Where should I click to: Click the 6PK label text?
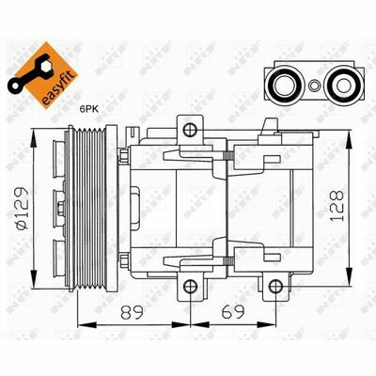(x=89, y=109)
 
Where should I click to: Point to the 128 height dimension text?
(x=337, y=206)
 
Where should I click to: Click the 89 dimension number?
(x=132, y=312)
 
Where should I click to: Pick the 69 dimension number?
(x=232, y=312)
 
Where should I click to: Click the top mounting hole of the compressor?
(x=190, y=129)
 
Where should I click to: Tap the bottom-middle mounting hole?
(x=190, y=287)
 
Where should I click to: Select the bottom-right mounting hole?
(x=275, y=286)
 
